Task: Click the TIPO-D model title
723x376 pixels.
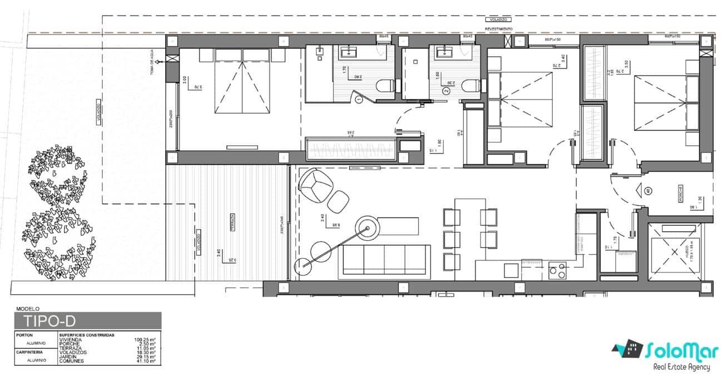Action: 49,321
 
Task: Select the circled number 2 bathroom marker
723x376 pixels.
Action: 445,90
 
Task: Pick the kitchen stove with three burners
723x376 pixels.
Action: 557,271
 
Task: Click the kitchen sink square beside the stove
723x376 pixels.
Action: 511,270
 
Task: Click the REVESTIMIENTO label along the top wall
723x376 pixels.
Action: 498,28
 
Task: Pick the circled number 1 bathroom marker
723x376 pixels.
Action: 359,99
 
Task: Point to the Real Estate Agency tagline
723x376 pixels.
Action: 681,367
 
